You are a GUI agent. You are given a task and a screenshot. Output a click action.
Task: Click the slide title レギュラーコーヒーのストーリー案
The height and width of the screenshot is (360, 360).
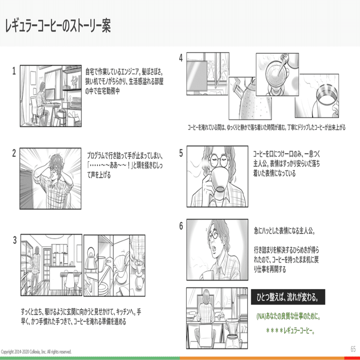(x=57, y=27)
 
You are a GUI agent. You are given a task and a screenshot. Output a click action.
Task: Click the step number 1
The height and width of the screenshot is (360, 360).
(x=15, y=71)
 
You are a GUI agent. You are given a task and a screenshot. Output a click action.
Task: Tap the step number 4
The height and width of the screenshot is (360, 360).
(x=181, y=58)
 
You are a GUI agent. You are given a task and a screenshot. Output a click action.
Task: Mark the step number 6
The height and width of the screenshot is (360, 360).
(x=181, y=226)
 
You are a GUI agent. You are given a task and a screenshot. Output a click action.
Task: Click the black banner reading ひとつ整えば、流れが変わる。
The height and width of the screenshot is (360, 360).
(x=288, y=298)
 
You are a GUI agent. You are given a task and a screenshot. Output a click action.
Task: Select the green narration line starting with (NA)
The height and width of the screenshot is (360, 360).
(x=288, y=317)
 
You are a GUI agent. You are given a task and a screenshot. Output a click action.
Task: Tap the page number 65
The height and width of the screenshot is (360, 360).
(x=353, y=349)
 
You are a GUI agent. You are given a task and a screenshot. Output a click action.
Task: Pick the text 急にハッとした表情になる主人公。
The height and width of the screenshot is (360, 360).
(x=285, y=231)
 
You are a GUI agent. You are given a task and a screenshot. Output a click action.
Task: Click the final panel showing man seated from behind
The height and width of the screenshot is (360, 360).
(x=217, y=313)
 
